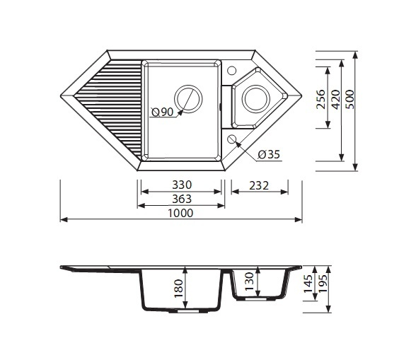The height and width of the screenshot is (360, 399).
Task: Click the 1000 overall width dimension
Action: (x=180, y=213)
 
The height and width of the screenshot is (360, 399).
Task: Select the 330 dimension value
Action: (x=182, y=185)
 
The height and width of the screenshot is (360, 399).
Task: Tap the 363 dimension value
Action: (x=182, y=199)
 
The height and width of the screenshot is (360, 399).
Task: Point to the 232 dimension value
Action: (x=259, y=186)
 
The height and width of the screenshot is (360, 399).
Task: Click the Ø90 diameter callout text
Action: (x=162, y=112)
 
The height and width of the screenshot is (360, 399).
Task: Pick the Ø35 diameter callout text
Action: (x=269, y=154)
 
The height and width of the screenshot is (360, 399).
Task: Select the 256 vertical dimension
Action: (x=320, y=99)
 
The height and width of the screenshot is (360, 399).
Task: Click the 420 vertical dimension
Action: (x=335, y=100)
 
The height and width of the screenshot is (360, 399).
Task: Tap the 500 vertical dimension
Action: (x=350, y=100)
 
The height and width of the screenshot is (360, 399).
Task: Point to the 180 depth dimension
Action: (x=178, y=289)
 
